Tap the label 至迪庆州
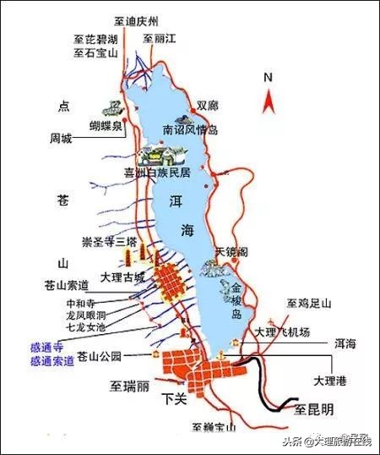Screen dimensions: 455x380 [139, 19]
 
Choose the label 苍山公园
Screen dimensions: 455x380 [99, 356]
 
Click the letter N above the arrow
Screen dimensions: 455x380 [268, 78]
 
